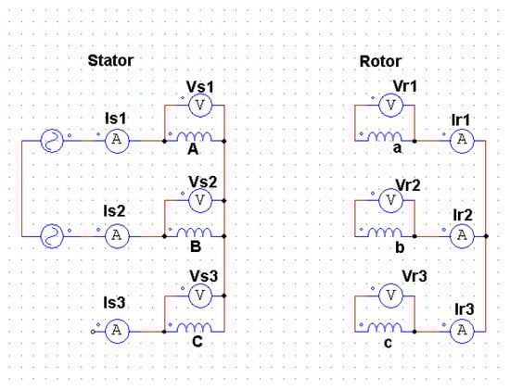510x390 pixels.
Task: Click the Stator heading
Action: [x=110, y=61]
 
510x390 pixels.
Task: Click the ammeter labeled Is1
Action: [x=116, y=142]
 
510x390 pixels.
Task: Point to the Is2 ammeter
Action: [x=116, y=235]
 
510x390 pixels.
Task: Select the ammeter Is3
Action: [x=116, y=329]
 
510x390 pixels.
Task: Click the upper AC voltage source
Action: [x=51, y=142]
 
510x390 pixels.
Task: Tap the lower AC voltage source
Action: [x=51, y=235]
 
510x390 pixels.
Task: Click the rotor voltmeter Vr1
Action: [x=390, y=107]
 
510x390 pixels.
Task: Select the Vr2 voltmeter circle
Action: [x=390, y=200]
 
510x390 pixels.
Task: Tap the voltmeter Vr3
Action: [x=390, y=294]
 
